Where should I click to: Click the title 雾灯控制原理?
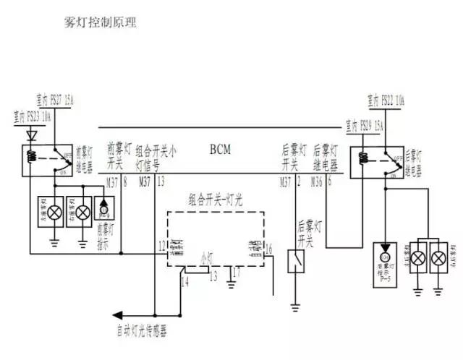click(x=100, y=22)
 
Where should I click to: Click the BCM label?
click(x=220, y=150)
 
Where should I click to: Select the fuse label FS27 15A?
click(x=56, y=99)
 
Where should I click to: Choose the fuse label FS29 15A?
click(x=367, y=124)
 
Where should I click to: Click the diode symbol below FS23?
click(x=30, y=134)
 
